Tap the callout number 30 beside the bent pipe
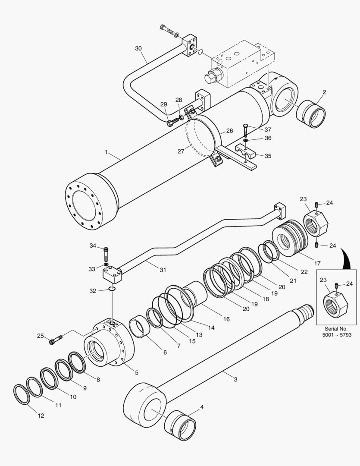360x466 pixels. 138,48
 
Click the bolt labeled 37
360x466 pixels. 245,129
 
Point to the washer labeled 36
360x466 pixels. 245,140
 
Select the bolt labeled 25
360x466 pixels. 55,341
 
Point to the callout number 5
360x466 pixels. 137,372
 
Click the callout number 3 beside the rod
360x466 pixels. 235,379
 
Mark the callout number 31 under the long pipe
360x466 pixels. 163,270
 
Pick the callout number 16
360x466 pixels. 226,319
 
